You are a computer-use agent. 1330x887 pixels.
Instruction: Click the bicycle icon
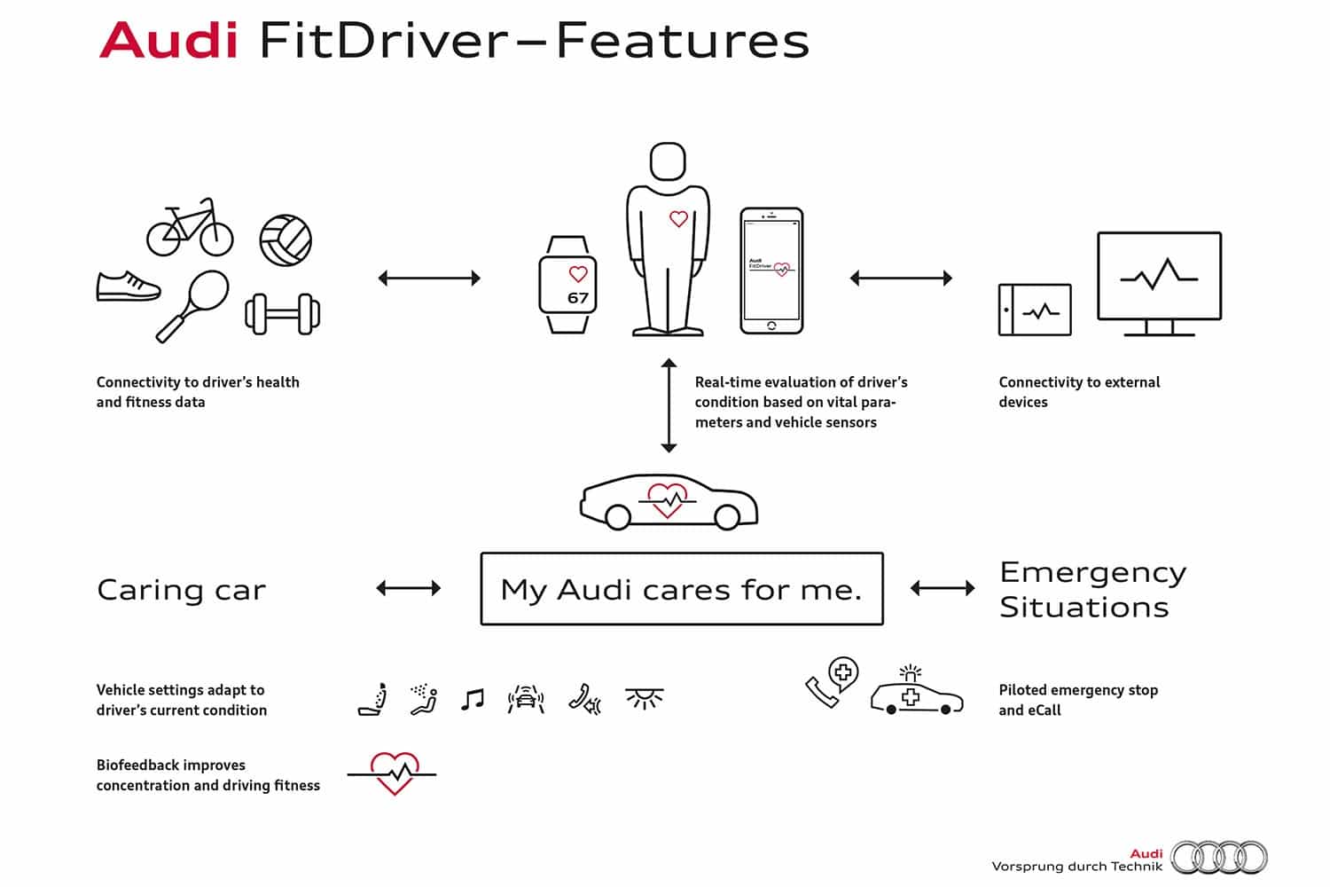pyautogui.click(x=190, y=228)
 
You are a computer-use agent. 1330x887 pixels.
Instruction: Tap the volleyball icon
pyautogui.click(x=286, y=240)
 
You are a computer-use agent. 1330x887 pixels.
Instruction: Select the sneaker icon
pyautogui.click(x=129, y=287)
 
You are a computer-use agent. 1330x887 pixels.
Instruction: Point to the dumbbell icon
pyautogui.click(x=283, y=314)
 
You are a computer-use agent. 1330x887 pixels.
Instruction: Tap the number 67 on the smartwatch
pyautogui.click(x=578, y=298)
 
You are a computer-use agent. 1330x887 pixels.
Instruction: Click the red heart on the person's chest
pyautogui.click(x=678, y=219)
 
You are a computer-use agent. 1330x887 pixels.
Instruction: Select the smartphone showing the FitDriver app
pyautogui.click(x=771, y=271)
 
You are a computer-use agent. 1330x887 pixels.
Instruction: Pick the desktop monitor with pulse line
pyautogui.click(x=1159, y=284)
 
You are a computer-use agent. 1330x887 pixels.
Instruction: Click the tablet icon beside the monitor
pyautogui.click(x=1035, y=310)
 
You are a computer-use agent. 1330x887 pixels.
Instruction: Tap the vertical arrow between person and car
pyautogui.click(x=669, y=405)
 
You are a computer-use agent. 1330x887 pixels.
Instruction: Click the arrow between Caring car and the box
pyautogui.click(x=409, y=588)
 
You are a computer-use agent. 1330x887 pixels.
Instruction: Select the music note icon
pyautogui.click(x=473, y=699)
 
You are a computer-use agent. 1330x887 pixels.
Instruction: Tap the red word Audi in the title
pyautogui.click(x=168, y=40)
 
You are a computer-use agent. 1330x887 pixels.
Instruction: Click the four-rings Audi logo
pyautogui.click(x=1218, y=858)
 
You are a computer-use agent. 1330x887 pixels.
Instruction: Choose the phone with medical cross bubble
pyautogui.click(x=832, y=682)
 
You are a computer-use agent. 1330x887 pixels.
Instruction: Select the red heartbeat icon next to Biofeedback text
pyautogui.click(x=393, y=773)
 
